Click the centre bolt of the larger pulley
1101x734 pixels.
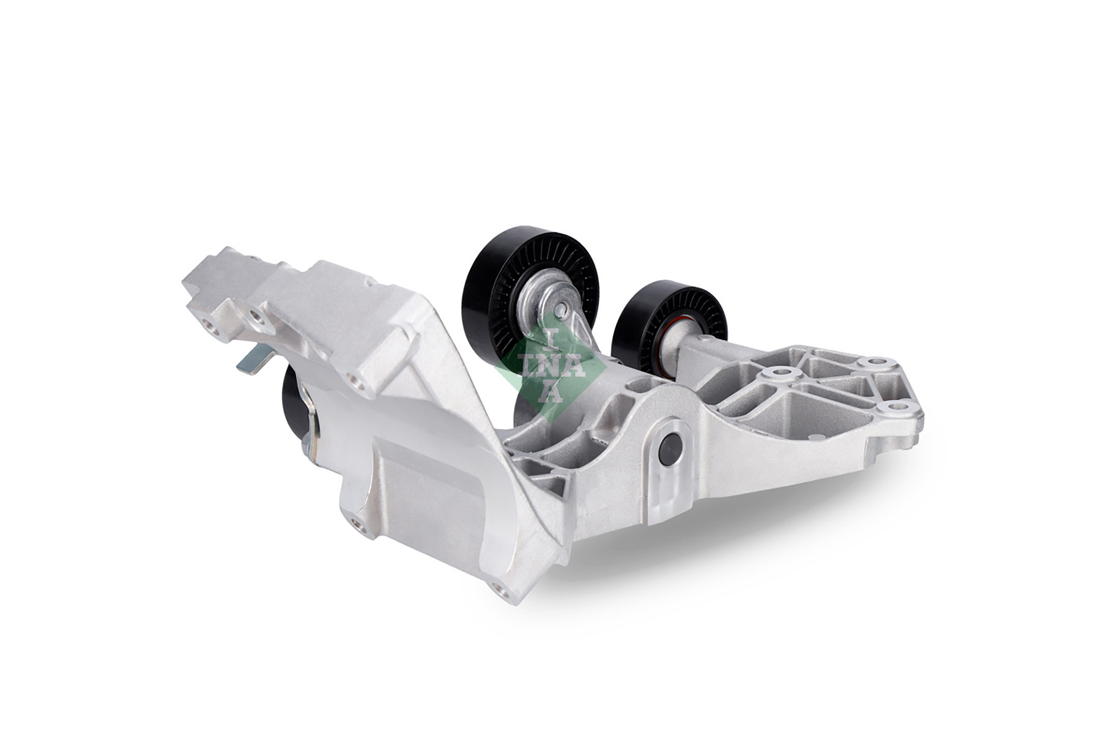(x=561, y=303)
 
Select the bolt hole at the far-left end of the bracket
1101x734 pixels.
(x=212, y=327)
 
